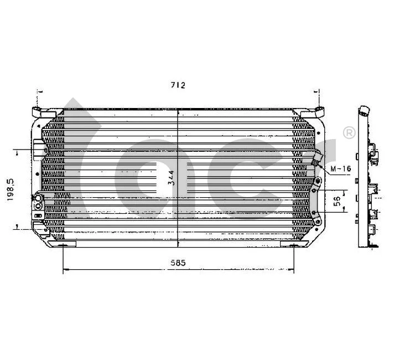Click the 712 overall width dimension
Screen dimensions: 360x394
point(177,85)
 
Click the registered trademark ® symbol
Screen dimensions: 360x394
point(349,132)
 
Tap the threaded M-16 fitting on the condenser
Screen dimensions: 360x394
point(316,160)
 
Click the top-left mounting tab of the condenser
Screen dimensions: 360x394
point(37,111)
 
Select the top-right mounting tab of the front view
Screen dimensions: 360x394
point(319,111)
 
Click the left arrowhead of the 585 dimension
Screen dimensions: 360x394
point(66,270)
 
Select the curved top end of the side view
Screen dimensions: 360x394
point(363,110)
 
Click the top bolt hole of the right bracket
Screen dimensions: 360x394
point(317,181)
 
